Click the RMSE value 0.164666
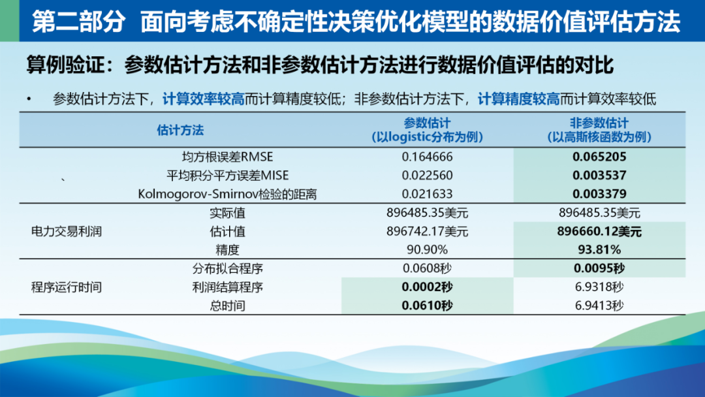coord(427,157)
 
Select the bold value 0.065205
coord(599,157)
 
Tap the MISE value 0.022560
coord(427,176)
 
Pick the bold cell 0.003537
coord(599,176)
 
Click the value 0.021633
coord(427,194)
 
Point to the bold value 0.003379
coord(599,194)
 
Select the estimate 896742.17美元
coord(427,231)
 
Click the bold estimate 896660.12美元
coord(599,231)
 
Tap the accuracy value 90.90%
coord(427,249)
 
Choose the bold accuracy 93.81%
coord(599,249)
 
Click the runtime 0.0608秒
coord(427,268)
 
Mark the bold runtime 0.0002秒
coord(427,287)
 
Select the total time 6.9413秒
coord(599,306)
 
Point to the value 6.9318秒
coord(599,287)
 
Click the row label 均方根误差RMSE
coord(228,157)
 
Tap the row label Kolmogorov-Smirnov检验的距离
coord(228,194)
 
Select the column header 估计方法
coord(180,130)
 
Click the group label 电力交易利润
coord(67,231)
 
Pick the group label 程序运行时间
coord(67,287)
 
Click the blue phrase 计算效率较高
coord(203,99)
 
